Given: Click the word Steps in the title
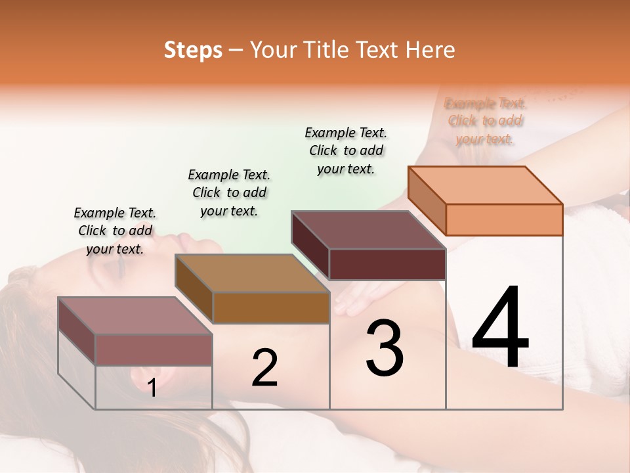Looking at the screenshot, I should pos(193,50).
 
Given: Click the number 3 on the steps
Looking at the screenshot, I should pos(385,348).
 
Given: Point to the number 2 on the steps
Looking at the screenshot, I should pos(264,368).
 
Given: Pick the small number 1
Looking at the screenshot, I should pos(152,388).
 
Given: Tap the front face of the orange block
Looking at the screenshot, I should pos(504,219).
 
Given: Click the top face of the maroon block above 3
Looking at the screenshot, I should pos(369,230).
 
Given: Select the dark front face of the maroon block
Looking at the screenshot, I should pos(387,264).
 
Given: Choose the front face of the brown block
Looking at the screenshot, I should pos(270,307).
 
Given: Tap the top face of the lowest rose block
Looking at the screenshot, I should pos(135,315).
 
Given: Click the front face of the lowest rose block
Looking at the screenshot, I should pos(154,349).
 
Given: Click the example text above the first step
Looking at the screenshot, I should pos(115,231).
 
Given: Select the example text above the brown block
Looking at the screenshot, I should pos(229,192).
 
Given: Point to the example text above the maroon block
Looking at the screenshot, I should pos(346,150).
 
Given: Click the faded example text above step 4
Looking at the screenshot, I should pos(485,121).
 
